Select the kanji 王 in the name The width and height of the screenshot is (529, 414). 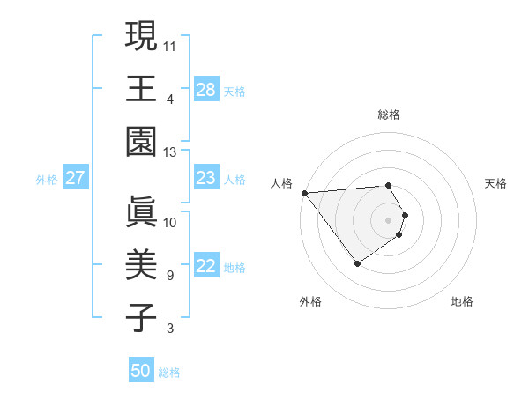(x=142, y=88)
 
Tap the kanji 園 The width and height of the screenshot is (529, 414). (x=142, y=141)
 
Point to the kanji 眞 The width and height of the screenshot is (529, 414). (x=142, y=212)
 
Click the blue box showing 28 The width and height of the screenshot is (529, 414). (x=205, y=89)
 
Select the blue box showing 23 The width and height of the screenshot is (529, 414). (x=205, y=178)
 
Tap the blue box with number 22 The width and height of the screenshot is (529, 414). (x=205, y=267)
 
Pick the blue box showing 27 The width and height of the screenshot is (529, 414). (x=76, y=178)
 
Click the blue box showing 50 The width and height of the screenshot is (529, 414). (x=141, y=371)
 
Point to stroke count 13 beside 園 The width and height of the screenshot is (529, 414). (x=170, y=152)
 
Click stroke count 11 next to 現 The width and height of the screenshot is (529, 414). (x=170, y=44)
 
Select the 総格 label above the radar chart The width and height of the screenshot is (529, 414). (x=389, y=115)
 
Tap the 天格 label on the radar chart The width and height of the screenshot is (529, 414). (x=496, y=183)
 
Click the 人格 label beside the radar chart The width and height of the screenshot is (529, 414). (x=282, y=183)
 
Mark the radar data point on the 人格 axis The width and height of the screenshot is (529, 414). (x=304, y=193)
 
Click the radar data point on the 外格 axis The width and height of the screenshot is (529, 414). (x=357, y=263)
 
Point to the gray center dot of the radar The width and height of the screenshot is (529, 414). (x=389, y=219)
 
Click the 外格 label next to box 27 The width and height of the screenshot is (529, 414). (x=47, y=180)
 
